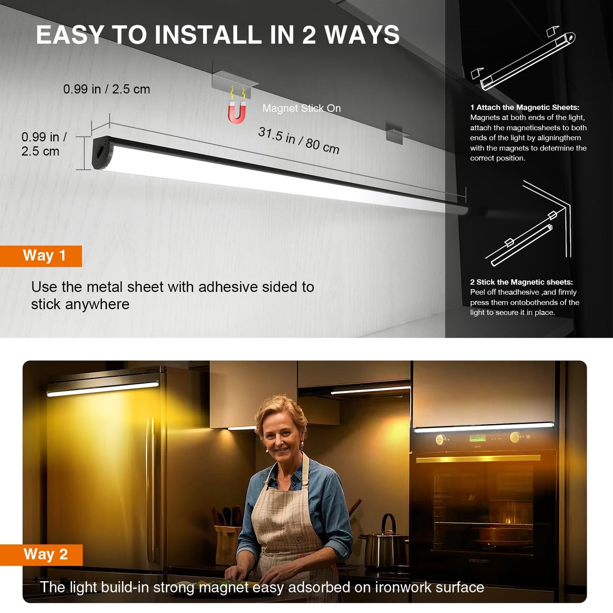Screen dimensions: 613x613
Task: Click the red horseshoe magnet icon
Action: tap(237, 112)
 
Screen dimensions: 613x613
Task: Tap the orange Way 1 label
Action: tap(41, 256)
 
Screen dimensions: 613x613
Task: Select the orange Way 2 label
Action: tap(41, 555)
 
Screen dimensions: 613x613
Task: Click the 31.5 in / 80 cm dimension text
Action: tap(299, 140)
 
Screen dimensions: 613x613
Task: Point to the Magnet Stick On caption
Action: tap(302, 108)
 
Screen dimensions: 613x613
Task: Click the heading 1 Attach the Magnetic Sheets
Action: tap(525, 107)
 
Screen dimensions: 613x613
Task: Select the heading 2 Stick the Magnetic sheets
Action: tap(521, 282)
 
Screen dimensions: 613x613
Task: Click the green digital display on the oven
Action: tap(478, 439)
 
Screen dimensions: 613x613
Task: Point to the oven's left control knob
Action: tap(440, 439)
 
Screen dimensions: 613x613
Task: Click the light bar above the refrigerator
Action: tap(103, 389)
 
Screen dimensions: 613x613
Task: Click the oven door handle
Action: tap(478, 459)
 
